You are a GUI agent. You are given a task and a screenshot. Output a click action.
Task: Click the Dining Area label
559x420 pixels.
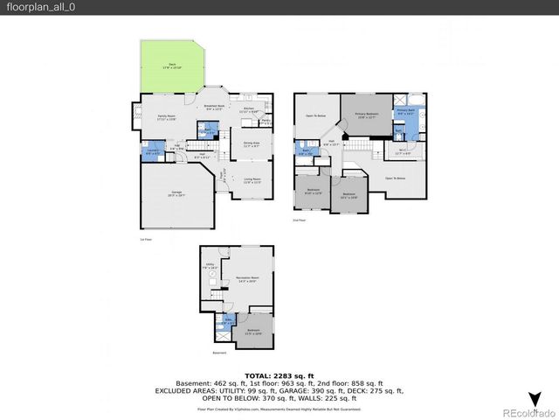[252, 145]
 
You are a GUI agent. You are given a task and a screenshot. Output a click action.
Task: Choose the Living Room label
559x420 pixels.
[252, 180]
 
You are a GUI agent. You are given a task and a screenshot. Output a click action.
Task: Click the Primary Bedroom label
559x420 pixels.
[367, 115]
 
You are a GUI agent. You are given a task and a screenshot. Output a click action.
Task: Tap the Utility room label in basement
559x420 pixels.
[210, 268]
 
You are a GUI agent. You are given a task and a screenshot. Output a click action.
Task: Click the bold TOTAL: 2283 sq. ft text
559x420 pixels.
[279, 374]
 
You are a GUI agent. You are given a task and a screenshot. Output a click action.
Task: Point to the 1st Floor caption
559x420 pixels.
[147, 239]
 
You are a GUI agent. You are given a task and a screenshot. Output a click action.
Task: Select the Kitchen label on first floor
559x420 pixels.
[248, 110]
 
